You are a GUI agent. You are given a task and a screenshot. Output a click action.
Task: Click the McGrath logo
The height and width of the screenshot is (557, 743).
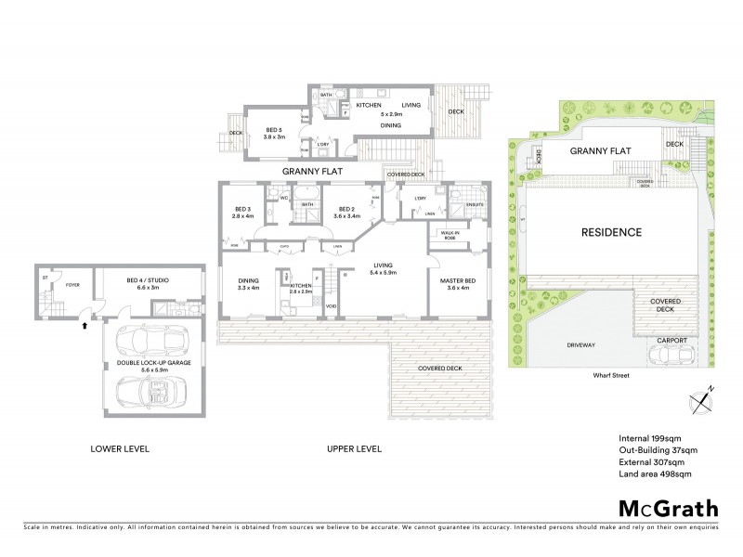[x=669, y=508]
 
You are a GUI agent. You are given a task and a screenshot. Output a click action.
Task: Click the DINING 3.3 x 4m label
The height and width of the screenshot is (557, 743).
[x=249, y=283]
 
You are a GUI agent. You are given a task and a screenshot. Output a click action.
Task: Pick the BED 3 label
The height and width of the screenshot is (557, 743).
[x=241, y=212]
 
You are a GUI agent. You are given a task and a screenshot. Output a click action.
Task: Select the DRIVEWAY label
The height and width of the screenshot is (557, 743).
[x=580, y=344]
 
